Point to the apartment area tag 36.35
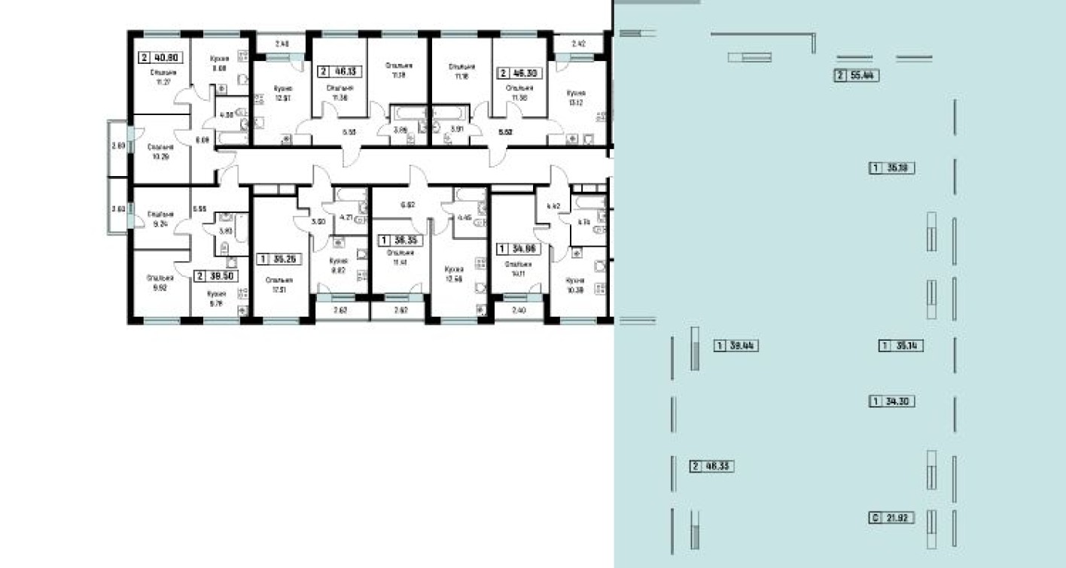(399, 241)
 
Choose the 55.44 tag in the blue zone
(857, 75)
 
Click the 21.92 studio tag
(892, 518)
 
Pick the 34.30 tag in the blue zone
(892, 402)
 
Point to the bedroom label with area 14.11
(519, 269)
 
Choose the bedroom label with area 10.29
(160, 153)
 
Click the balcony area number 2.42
(578, 44)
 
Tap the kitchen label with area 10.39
(575, 284)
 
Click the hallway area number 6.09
(202, 140)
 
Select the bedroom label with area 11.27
(160, 77)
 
